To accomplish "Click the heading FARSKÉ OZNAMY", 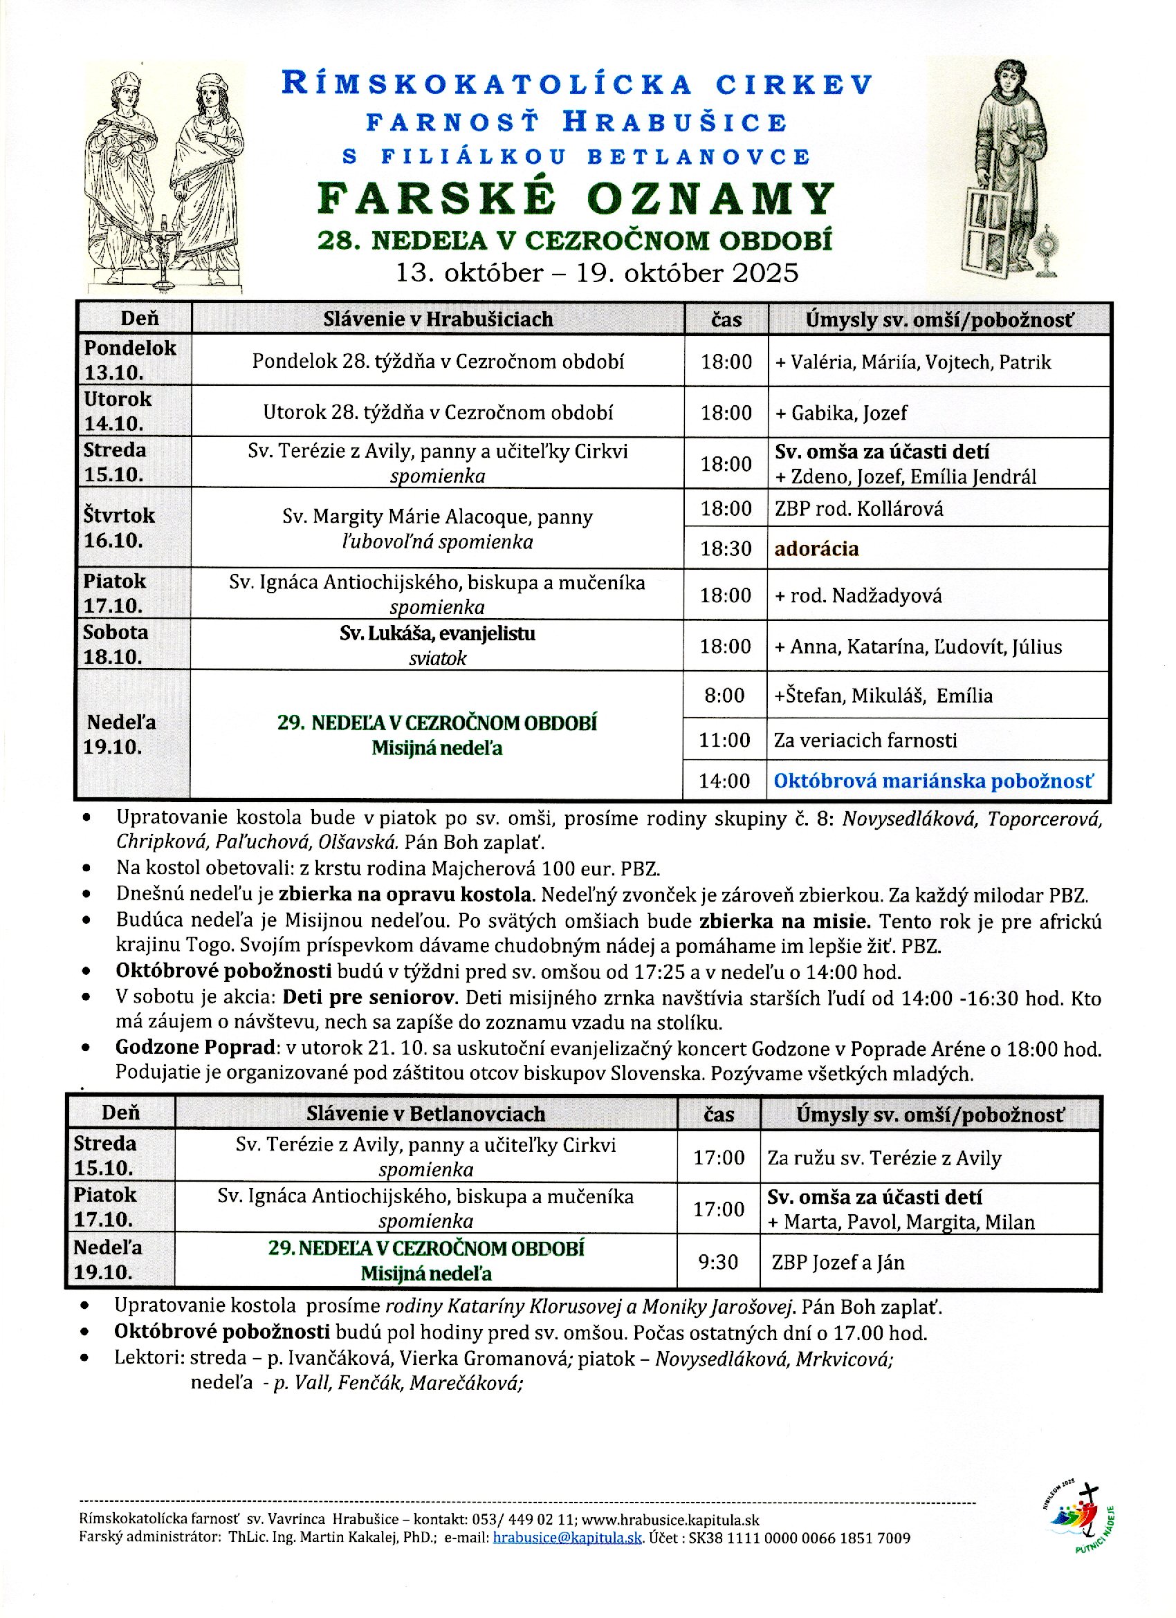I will coord(575,198).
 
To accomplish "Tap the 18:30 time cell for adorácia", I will coord(726,548).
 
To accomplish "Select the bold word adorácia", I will coord(816,548).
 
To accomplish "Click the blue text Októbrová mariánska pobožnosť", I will coord(932,781).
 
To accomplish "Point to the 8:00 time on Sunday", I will coord(724,696).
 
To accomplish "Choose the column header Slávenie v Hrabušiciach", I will coord(437,319).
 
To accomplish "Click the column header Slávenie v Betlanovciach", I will coord(425,1114).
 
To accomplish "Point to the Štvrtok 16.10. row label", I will coord(118,528).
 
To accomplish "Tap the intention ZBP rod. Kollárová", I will coord(859,509).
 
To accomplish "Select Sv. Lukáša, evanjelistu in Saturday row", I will coord(437,633).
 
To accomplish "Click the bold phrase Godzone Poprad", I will coord(196,1048).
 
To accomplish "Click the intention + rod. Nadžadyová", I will coord(858,596).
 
